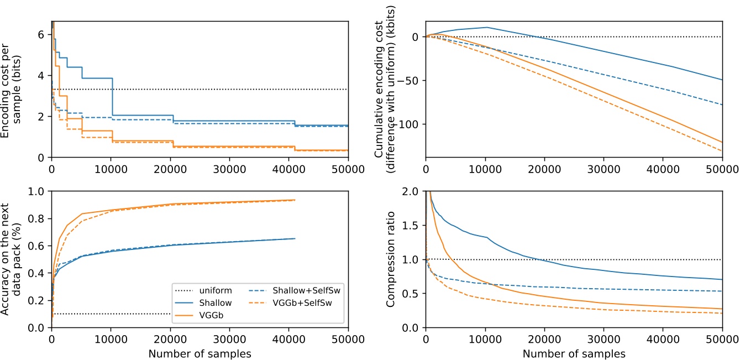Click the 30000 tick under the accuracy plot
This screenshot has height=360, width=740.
click(229, 338)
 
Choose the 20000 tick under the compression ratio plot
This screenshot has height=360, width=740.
click(544, 338)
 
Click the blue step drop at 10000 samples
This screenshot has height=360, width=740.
click(112, 97)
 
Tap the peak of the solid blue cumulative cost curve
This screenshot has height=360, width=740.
click(485, 27)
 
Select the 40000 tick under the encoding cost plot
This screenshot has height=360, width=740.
click(289, 168)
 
